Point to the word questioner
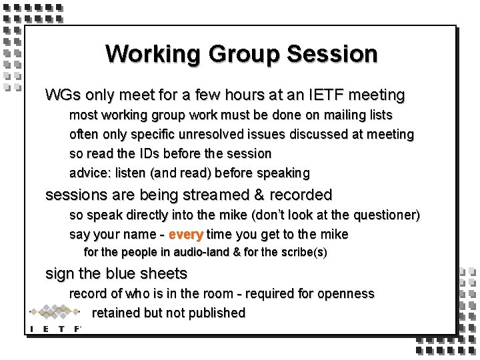(x=387, y=216)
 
